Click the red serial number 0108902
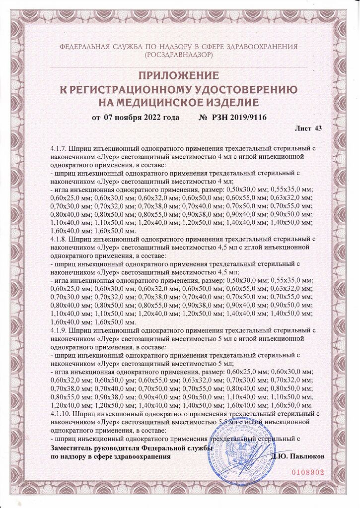307,473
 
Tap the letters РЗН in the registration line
220,117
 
